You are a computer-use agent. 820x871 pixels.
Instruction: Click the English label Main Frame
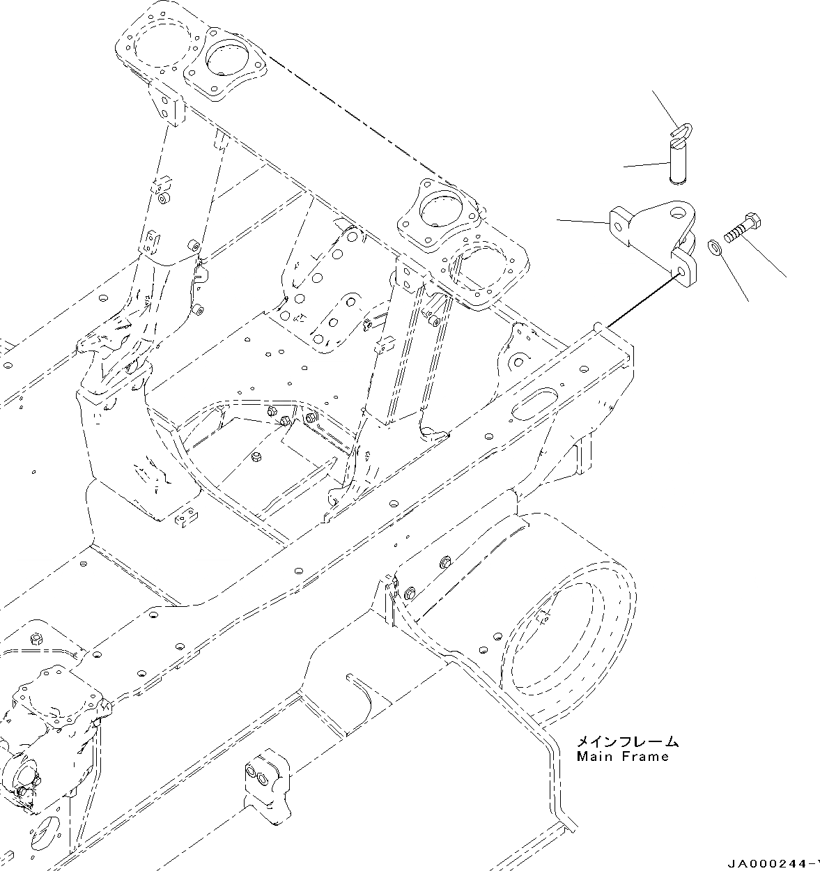click(622, 756)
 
